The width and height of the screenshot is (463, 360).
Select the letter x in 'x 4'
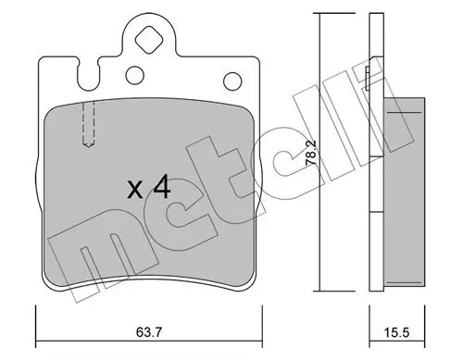click(x=135, y=191)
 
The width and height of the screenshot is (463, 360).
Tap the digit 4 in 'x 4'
click(x=161, y=189)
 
